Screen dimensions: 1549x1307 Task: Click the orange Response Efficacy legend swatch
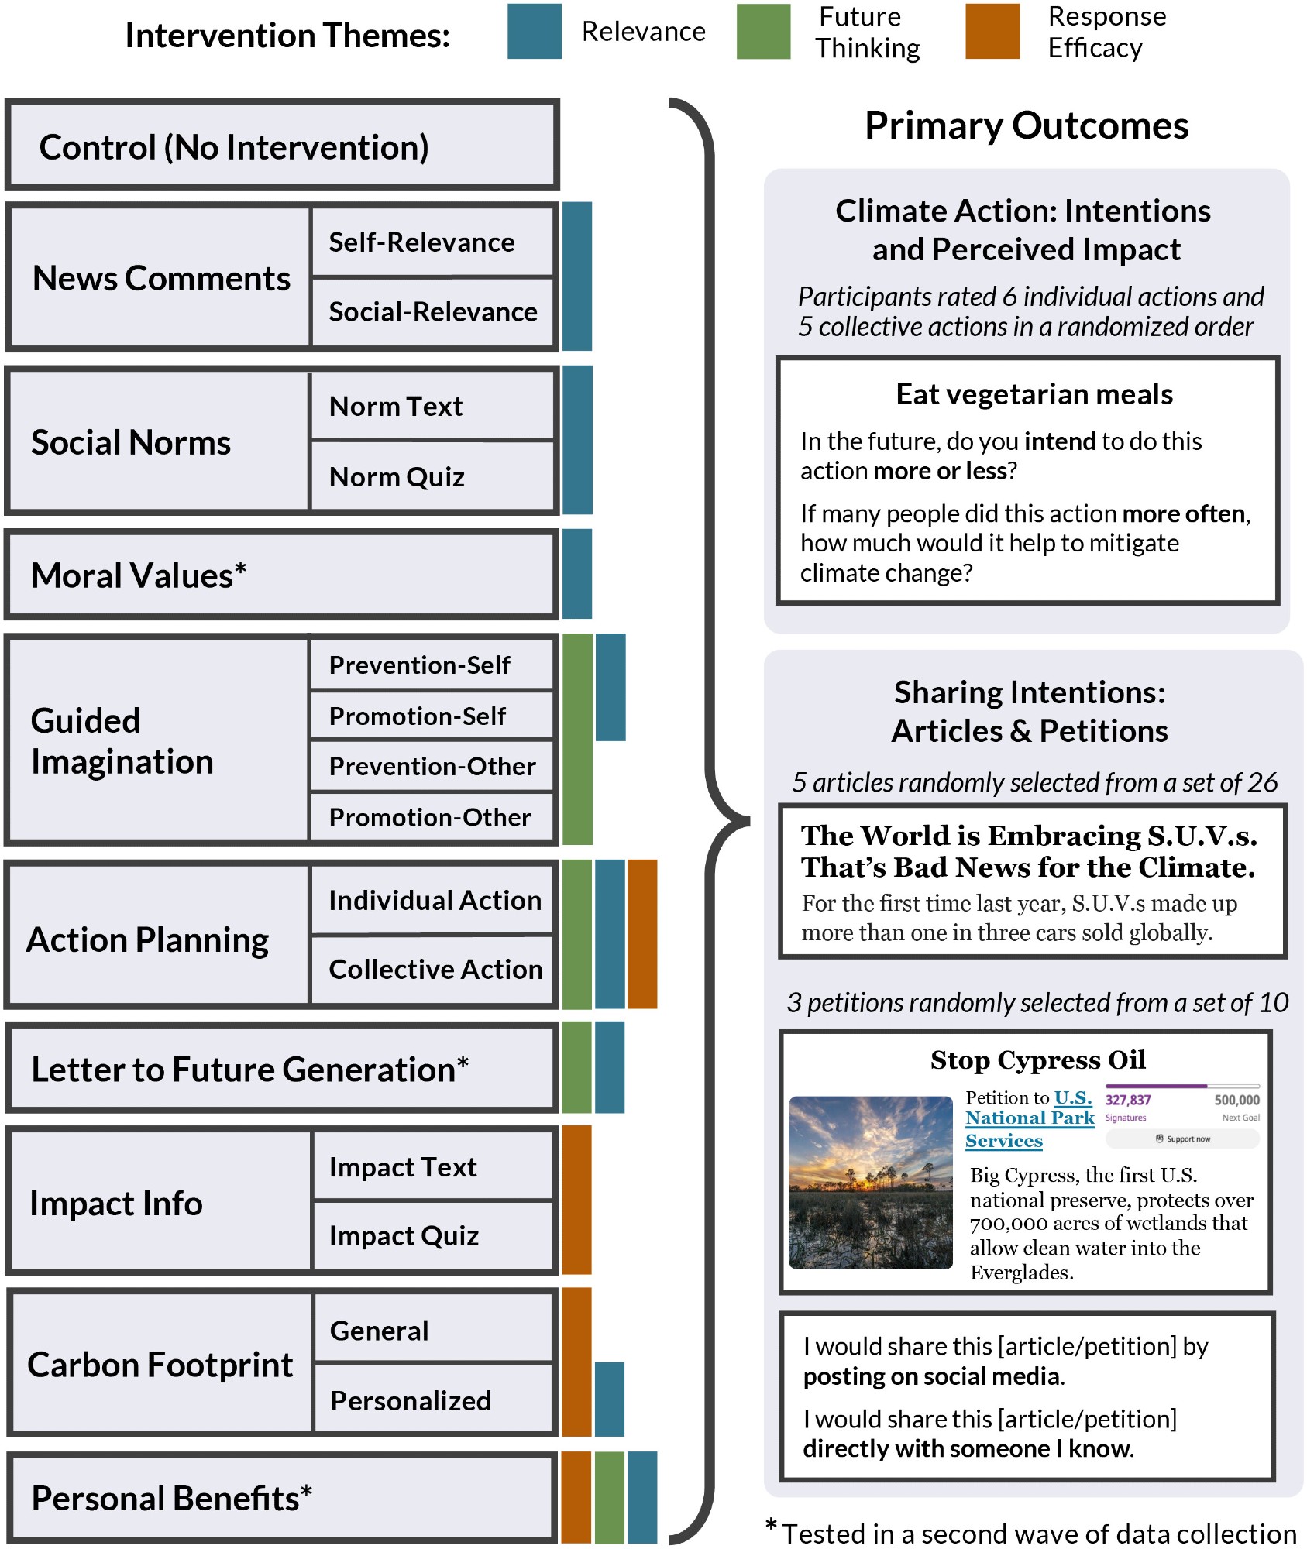992,32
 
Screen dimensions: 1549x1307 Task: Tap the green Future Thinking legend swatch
763,32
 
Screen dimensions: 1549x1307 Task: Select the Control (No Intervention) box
282,145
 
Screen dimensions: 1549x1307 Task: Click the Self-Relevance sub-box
432,242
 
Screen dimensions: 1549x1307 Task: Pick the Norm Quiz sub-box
432,476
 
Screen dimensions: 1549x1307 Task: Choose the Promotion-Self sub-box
432,716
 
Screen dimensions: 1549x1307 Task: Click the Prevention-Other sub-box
432,766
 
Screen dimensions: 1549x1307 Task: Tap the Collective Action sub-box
434,969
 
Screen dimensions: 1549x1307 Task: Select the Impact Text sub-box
432,1166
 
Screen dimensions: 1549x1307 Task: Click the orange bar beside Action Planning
642,934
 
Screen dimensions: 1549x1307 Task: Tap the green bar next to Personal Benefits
610,1496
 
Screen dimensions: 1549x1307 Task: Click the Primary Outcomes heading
1027,125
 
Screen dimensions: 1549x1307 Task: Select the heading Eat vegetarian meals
1034,394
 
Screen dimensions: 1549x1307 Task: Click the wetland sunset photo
870,1183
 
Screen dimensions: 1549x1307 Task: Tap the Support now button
1183,1139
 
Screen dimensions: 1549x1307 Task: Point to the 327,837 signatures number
1128,1100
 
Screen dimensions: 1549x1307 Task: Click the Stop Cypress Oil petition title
1037,1060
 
